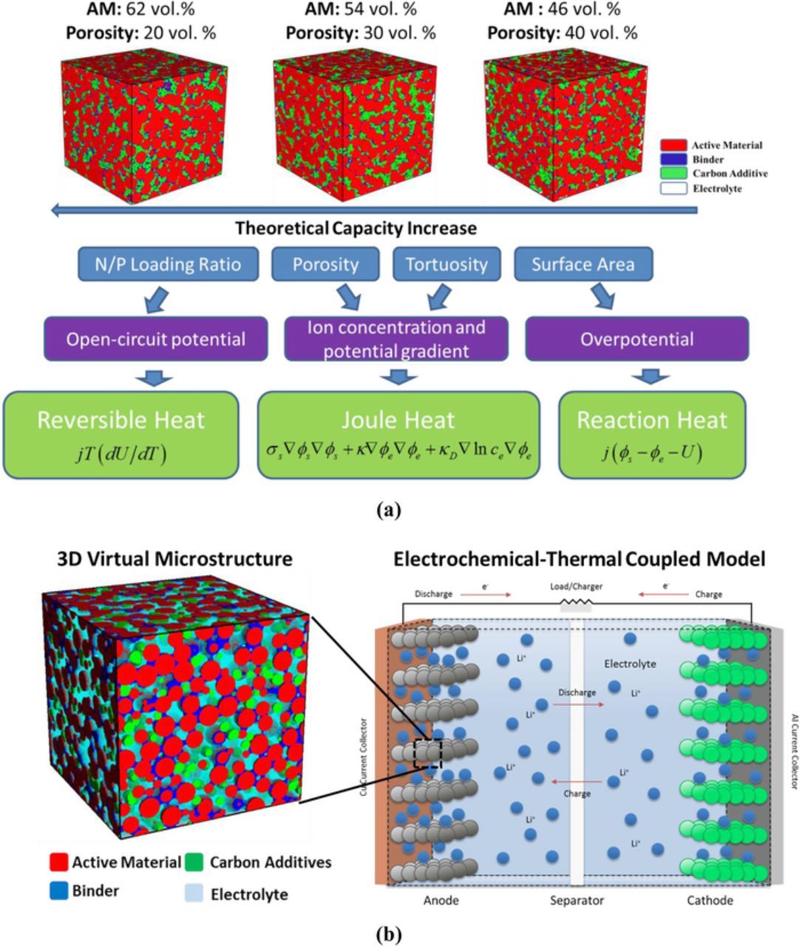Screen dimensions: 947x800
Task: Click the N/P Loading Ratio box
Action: click(x=168, y=264)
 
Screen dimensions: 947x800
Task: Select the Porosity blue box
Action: click(x=325, y=264)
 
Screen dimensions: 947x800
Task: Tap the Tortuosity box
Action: click(x=446, y=264)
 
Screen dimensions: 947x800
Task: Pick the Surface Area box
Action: click(x=583, y=264)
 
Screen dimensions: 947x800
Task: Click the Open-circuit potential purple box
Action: click(x=155, y=339)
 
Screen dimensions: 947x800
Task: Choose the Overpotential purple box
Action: click(x=637, y=339)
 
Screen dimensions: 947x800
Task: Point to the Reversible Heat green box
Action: click(x=121, y=434)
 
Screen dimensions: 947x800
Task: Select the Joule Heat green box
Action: click(x=398, y=434)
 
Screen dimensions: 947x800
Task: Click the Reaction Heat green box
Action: click(x=651, y=434)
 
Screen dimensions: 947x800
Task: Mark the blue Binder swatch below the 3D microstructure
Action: click(x=58, y=890)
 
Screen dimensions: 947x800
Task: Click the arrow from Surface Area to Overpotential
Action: click(x=602, y=297)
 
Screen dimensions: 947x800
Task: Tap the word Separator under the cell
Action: click(x=577, y=900)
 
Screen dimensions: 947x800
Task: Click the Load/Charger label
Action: click(x=576, y=587)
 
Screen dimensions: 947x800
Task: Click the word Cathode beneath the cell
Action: click(x=710, y=900)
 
